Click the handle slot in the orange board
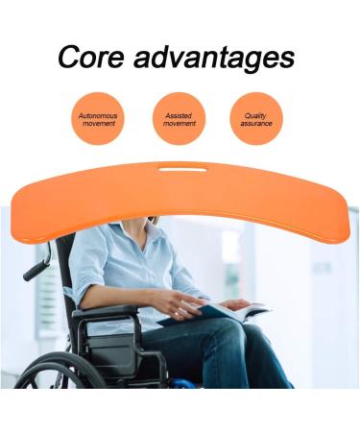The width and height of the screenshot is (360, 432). point(184,171)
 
